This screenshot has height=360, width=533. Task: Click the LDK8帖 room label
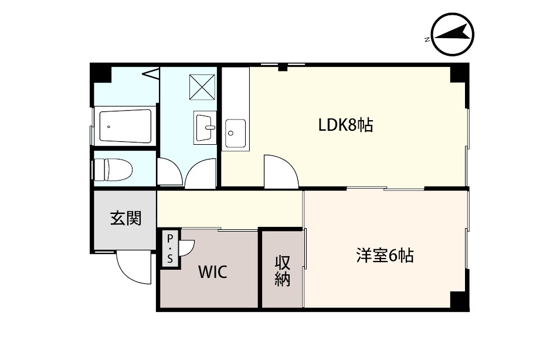(345, 125)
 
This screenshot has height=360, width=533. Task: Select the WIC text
(212, 272)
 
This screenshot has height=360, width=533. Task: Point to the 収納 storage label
(283, 271)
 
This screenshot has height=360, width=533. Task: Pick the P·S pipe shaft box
(170, 248)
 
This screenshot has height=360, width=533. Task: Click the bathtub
(125, 125)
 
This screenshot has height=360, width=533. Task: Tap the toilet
(114, 171)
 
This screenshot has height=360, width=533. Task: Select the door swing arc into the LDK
(281, 171)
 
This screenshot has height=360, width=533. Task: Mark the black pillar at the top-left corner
(100, 73)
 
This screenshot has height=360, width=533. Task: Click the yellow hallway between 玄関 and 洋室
(229, 208)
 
